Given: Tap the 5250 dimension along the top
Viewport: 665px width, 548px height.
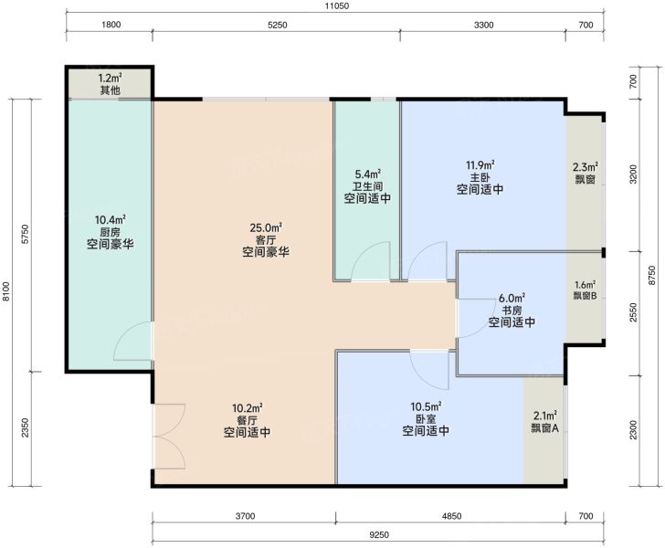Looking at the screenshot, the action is (278, 25).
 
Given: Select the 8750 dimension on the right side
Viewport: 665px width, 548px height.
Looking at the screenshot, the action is (652, 276).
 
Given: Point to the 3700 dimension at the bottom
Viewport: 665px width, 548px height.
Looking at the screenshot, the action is (245, 516).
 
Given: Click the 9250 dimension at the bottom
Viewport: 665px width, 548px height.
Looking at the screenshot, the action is (379, 535).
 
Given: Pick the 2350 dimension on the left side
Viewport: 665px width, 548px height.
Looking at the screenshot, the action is (25, 428).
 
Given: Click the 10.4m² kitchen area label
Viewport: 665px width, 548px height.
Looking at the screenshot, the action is (110, 220).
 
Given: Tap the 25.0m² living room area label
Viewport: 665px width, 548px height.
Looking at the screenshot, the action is (266, 227).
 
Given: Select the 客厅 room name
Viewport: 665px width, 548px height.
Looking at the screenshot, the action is (266, 240).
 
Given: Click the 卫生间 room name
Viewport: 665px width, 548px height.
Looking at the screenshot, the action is (368, 186).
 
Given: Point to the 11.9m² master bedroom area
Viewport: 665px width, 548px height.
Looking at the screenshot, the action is (480, 164).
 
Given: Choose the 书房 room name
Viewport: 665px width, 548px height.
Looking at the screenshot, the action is (512, 310).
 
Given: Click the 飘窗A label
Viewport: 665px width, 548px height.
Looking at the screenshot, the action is (545, 428).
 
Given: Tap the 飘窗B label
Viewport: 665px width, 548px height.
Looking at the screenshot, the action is (586, 296).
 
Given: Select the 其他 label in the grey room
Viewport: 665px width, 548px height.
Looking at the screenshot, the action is (110, 90).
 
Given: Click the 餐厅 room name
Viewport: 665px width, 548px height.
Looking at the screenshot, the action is (247, 420).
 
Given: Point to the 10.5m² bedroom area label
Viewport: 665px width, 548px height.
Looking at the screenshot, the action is (426, 406).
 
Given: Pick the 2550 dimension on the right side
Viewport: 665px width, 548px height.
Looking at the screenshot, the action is (633, 312).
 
